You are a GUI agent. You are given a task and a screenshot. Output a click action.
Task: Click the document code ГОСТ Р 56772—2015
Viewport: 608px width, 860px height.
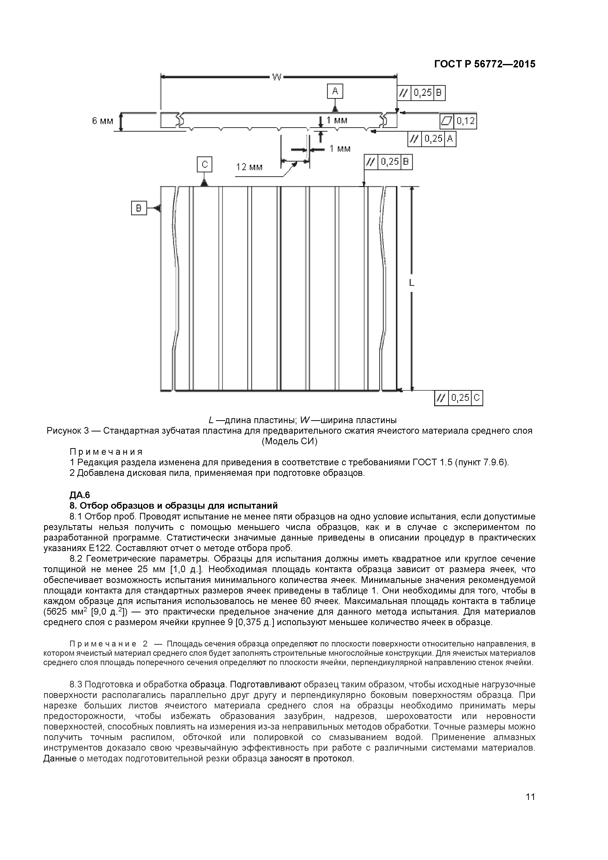484,64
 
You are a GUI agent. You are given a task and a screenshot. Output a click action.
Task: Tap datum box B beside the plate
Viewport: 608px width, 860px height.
139,208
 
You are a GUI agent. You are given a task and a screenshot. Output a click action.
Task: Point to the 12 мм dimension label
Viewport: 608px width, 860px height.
249,167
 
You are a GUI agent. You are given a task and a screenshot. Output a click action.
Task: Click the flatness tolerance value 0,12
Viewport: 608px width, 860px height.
465,121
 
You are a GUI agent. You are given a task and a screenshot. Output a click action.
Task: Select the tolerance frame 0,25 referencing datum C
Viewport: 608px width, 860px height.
458,398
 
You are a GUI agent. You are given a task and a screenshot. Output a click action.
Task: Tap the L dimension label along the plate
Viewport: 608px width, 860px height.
411,283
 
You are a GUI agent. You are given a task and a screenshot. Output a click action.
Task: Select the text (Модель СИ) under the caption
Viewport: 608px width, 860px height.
289,442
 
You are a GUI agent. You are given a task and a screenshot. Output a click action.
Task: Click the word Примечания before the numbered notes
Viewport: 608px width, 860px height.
106,452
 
